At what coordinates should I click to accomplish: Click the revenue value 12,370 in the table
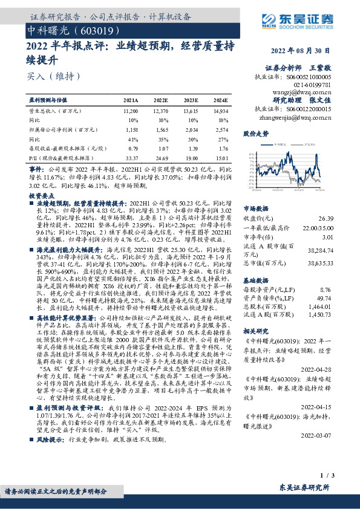tap(160, 112)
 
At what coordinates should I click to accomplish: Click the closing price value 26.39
tap(327, 218)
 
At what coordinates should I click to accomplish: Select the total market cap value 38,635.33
tap(321, 264)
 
